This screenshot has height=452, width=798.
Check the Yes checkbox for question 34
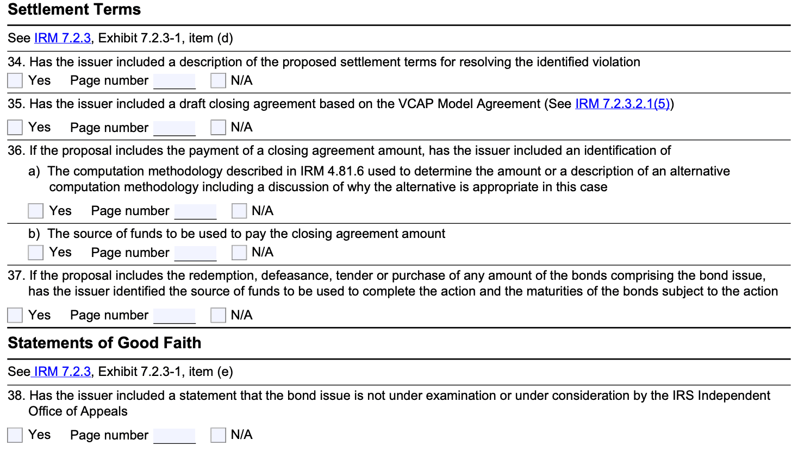click(x=15, y=80)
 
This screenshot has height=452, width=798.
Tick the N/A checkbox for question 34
click(x=218, y=80)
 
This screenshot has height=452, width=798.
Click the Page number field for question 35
click(x=174, y=128)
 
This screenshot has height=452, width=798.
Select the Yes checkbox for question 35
click(x=15, y=127)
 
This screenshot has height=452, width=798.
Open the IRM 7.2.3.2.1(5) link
click(x=622, y=104)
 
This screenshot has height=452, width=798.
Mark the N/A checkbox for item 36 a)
click(x=239, y=211)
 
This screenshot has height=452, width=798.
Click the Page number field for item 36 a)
click(x=195, y=211)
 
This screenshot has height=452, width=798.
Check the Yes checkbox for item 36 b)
click(x=36, y=253)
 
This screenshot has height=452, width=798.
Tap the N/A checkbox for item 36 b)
click(x=239, y=253)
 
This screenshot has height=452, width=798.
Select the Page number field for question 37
click(x=174, y=315)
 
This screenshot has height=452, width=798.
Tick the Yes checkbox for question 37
click(x=15, y=315)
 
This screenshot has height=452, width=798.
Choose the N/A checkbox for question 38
click(x=218, y=435)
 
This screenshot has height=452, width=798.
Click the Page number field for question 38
click(x=174, y=435)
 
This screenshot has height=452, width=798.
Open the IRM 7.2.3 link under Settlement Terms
click(x=63, y=38)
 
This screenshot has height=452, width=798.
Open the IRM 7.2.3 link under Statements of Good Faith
click(x=63, y=372)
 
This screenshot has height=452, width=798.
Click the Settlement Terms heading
click(x=74, y=10)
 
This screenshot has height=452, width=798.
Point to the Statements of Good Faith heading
click(x=104, y=343)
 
